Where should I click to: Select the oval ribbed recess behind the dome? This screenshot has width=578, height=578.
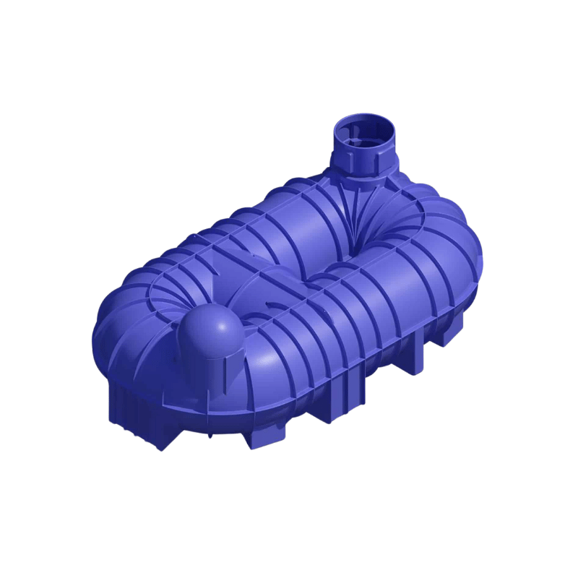point(181,296)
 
